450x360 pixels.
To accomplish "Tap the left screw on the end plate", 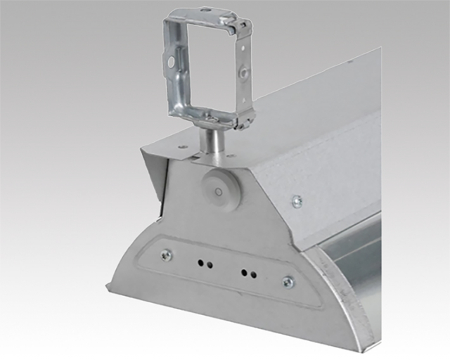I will coord(166,255).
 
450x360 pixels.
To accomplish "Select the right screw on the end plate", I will coord(287,282).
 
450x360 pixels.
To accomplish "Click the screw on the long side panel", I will coord(297,202).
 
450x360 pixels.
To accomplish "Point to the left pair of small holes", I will coord(205,264).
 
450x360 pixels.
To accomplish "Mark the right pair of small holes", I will coord(246,272).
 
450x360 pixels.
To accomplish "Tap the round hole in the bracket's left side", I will coord(172,62).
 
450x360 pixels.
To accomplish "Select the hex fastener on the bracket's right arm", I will coord(243,72).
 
